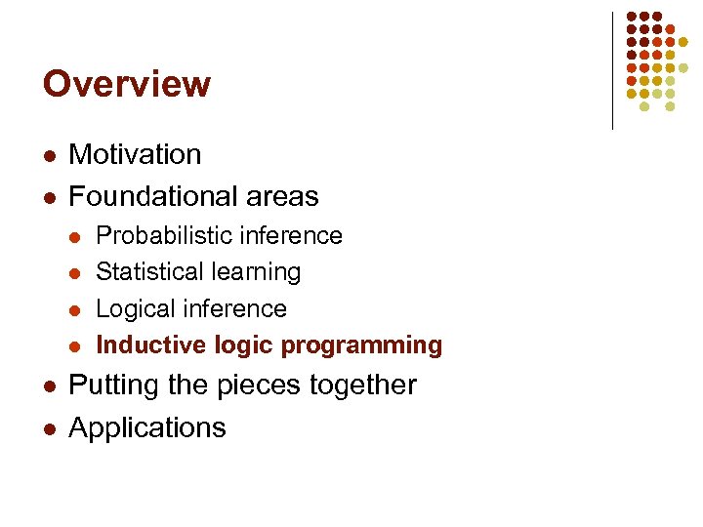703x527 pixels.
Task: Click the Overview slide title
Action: point(126,84)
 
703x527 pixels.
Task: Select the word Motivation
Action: point(135,154)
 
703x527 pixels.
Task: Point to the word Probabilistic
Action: point(161,236)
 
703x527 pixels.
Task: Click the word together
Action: point(362,385)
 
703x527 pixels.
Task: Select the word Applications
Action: point(147,427)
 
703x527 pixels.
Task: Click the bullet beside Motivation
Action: point(48,155)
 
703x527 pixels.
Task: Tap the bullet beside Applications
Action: point(48,428)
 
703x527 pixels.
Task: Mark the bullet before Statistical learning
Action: point(76,272)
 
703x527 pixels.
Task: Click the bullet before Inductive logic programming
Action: point(76,345)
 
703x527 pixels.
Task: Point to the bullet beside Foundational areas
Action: point(48,197)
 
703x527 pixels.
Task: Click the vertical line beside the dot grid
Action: point(612,70)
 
